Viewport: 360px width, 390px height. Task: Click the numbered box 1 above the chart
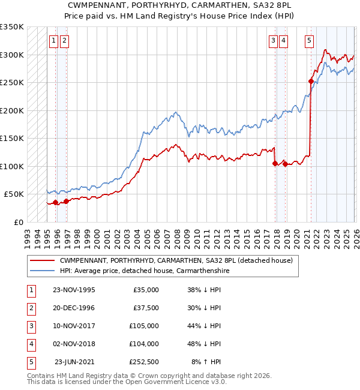click(x=54, y=41)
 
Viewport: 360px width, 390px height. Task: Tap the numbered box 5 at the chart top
click(x=309, y=41)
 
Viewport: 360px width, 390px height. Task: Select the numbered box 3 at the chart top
click(x=273, y=41)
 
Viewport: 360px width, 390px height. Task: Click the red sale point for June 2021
click(x=311, y=81)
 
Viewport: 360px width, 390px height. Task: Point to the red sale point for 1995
click(x=56, y=202)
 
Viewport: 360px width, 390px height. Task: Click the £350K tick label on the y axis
click(x=12, y=27)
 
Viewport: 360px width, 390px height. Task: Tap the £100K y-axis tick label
click(x=12, y=166)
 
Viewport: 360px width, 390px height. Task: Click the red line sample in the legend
click(x=42, y=260)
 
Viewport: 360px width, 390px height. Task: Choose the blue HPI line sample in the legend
click(x=42, y=271)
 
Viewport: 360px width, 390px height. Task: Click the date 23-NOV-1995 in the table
click(x=74, y=290)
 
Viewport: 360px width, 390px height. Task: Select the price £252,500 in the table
click(x=144, y=362)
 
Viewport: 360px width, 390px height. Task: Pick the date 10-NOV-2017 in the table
click(x=74, y=326)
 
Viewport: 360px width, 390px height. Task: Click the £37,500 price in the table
click(x=146, y=308)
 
